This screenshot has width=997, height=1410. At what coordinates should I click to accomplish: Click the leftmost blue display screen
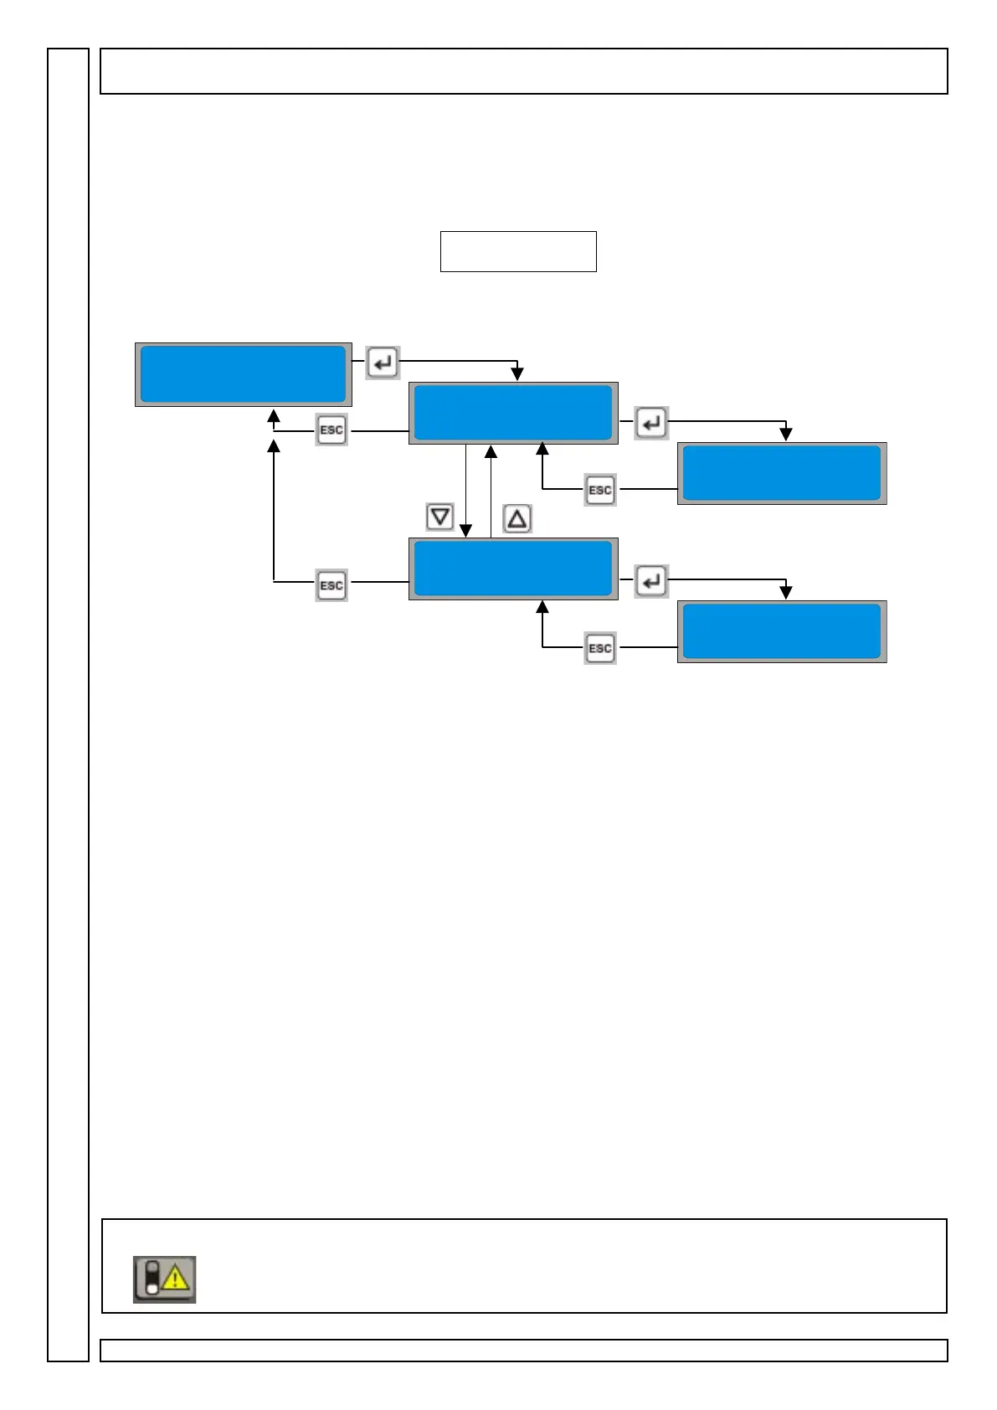(243, 374)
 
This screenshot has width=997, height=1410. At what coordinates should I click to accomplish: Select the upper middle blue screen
(513, 413)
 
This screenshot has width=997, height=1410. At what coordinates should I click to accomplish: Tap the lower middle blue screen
(513, 569)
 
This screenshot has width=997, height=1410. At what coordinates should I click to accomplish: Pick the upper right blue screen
(782, 473)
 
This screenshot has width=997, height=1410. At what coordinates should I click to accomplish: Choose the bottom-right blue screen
(782, 631)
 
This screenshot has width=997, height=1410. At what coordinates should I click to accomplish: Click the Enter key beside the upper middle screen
(651, 423)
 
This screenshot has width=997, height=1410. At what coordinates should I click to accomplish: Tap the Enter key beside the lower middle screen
(651, 580)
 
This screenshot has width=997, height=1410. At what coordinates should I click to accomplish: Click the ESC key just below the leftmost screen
(331, 430)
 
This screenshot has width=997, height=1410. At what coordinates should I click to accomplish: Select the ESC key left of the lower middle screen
(331, 585)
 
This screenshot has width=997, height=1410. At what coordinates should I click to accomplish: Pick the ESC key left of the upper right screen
(600, 490)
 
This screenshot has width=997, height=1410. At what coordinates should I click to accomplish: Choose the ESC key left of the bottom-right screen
(600, 648)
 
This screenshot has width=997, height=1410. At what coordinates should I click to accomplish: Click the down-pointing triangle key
(440, 517)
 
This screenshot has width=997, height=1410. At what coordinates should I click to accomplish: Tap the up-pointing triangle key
(517, 519)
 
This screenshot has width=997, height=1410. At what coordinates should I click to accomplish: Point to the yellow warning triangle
(176, 1279)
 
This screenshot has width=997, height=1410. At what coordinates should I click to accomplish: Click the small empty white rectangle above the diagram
(518, 251)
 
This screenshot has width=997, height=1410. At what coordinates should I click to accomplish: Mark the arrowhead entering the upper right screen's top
(786, 435)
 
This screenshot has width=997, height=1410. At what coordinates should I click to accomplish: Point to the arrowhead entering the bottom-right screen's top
(786, 593)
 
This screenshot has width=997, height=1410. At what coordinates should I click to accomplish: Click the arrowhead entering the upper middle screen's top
(517, 374)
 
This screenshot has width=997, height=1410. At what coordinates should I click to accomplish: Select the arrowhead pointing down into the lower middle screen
(466, 531)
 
